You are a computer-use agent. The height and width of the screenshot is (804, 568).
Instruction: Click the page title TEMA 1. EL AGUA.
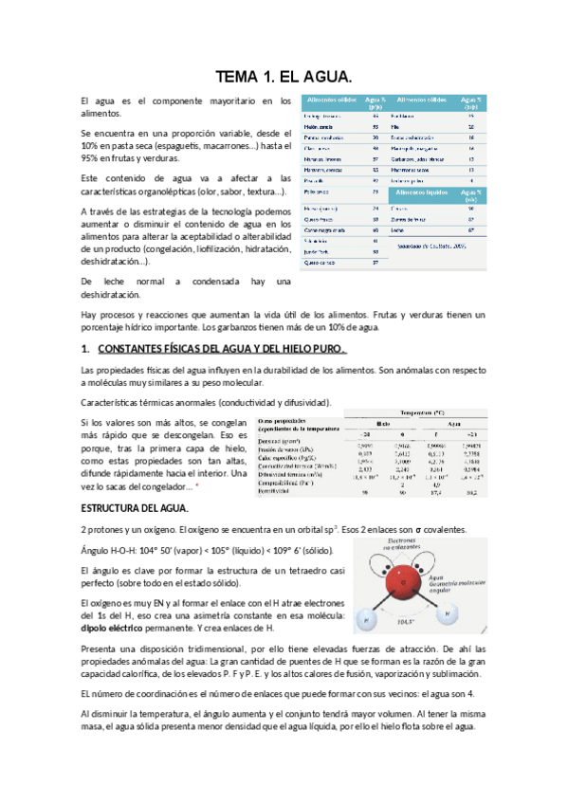[284, 75]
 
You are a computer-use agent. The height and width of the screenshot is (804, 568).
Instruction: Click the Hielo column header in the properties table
[384, 423]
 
